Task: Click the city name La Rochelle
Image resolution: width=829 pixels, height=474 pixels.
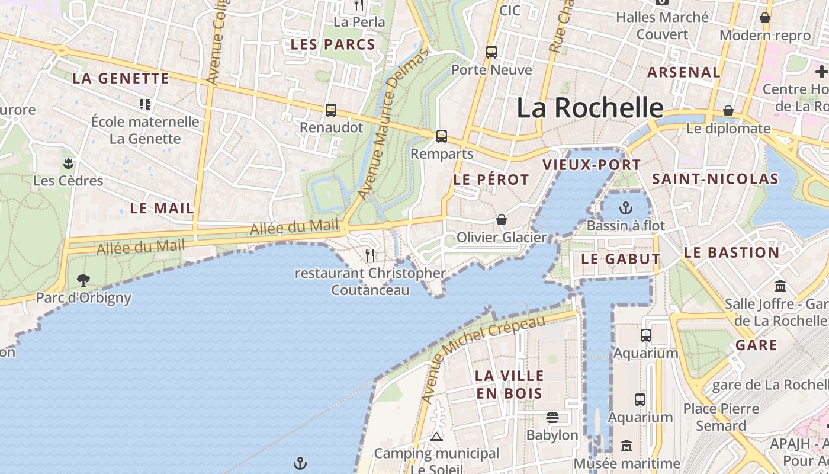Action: (590, 108)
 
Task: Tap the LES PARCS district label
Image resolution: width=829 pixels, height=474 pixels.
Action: (333, 44)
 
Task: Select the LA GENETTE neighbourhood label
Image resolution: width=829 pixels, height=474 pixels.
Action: (121, 78)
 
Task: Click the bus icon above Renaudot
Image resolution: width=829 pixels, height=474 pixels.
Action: (331, 110)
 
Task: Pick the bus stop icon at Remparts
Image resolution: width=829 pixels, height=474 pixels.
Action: (442, 136)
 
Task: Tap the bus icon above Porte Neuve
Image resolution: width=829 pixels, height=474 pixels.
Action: (491, 52)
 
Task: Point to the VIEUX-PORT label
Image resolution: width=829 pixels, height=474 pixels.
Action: (592, 165)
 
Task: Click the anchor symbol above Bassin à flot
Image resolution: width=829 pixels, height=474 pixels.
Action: (626, 208)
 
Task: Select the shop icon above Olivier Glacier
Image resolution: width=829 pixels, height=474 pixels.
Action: (502, 220)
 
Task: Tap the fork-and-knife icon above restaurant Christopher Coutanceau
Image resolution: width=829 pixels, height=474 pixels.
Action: (370, 255)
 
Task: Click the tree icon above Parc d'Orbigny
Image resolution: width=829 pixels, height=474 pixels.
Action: (83, 280)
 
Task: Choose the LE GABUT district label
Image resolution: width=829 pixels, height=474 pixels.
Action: (621, 259)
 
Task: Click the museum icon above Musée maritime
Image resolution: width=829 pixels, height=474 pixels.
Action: (626, 446)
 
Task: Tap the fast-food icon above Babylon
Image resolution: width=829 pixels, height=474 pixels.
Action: (552, 418)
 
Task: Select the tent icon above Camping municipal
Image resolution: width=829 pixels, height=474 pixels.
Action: (436, 437)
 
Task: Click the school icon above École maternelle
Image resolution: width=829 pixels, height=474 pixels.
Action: (145, 104)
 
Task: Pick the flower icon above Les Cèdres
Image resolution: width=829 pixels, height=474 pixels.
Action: (68, 163)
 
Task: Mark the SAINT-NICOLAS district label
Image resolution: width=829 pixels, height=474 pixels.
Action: (715, 179)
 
